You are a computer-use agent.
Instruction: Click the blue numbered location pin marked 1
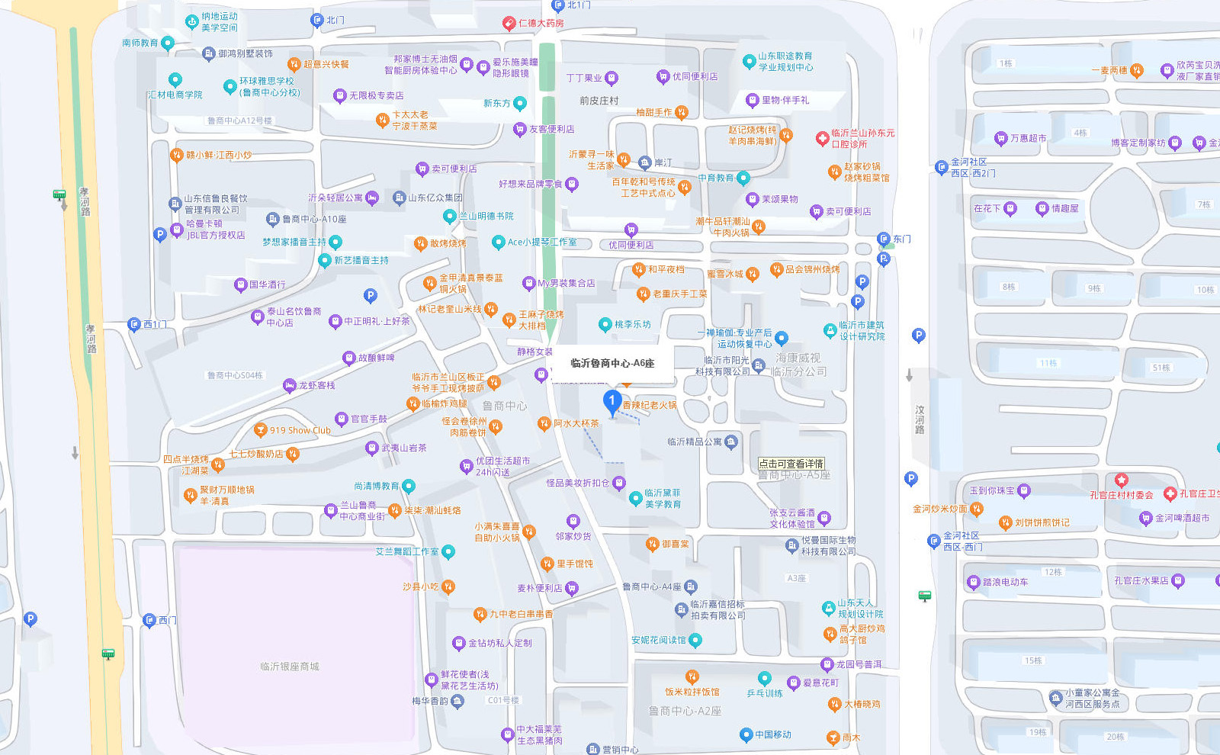tap(612, 401)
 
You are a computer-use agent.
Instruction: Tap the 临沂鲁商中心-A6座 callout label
tap(612, 363)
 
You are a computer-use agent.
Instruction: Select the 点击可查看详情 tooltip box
tap(791, 464)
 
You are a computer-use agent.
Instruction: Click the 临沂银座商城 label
tap(290, 667)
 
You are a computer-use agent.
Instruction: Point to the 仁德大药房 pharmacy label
tap(541, 23)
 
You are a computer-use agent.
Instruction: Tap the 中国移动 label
tap(772, 734)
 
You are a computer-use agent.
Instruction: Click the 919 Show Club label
tap(300, 430)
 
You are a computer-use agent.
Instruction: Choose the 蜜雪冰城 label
tap(724, 274)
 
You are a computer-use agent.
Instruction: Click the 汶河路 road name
tap(920, 420)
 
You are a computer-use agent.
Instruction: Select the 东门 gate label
tap(901, 239)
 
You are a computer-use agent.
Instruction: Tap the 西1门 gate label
tap(154, 324)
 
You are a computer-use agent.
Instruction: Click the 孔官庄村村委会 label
tap(1121, 495)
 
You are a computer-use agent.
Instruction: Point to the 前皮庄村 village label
tap(599, 101)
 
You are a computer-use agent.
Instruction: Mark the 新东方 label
tap(497, 103)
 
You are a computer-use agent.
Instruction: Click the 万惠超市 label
tap(1028, 138)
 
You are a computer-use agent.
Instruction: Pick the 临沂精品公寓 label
tap(694, 442)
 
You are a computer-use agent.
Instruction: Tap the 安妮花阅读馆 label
tap(658, 640)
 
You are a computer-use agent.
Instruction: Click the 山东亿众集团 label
tap(435, 198)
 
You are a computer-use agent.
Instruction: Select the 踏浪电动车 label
tap(1005, 582)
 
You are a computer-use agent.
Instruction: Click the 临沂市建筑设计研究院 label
tap(862, 330)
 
